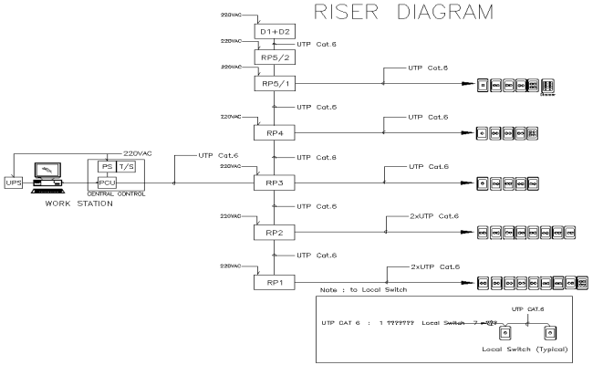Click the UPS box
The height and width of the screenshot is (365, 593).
(x=14, y=182)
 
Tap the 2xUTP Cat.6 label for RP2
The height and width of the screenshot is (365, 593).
(x=426, y=216)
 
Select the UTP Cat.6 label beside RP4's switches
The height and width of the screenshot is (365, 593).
(x=428, y=117)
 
